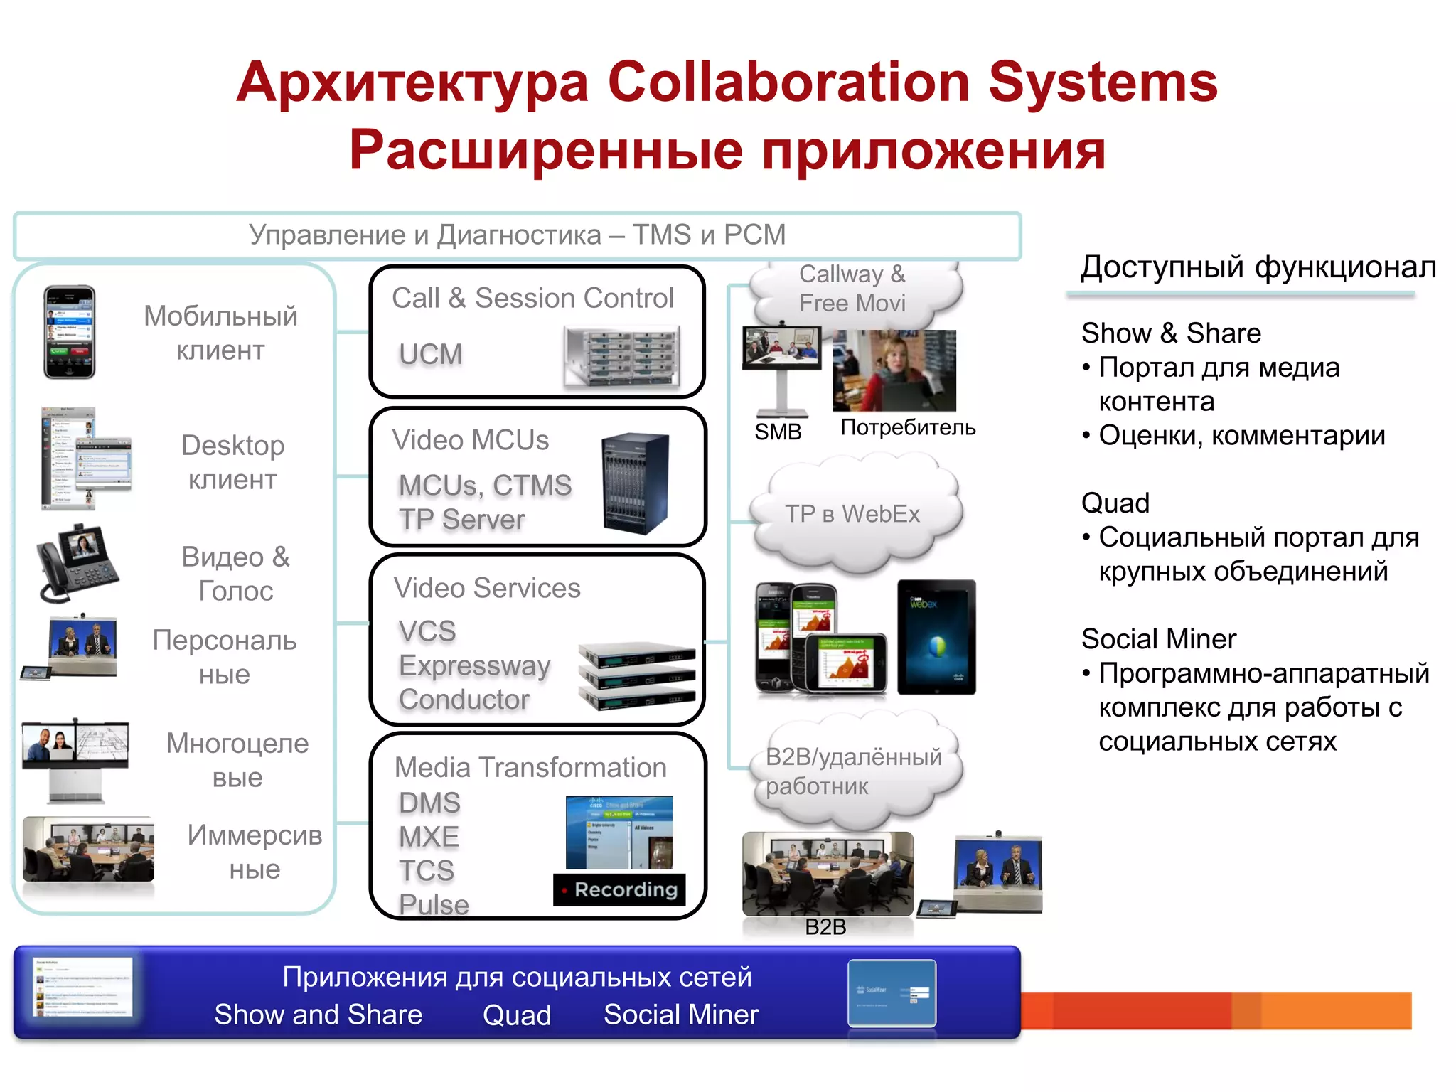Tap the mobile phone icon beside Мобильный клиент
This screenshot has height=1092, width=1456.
pos(69,332)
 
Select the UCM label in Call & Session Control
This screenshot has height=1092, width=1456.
pos(430,354)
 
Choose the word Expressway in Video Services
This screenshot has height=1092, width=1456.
pos(474,665)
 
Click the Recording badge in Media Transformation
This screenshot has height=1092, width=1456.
pos(619,889)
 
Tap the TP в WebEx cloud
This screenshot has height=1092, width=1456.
pos(852,513)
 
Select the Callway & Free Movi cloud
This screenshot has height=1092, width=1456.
pos(852,289)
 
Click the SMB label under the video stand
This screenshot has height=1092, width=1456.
pos(778,432)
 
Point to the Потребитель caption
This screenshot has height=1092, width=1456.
pos(907,427)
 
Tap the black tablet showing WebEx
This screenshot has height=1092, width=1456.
pos(936,637)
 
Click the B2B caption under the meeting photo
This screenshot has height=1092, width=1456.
pos(825,927)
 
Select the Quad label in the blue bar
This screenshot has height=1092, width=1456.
pos(517,1015)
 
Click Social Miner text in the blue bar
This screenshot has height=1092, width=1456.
pos(680,1015)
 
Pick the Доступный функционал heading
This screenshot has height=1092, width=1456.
pos(1258,267)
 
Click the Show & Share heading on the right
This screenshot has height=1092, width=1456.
pos(1171,333)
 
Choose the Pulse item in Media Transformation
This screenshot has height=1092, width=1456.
pos(434,904)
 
